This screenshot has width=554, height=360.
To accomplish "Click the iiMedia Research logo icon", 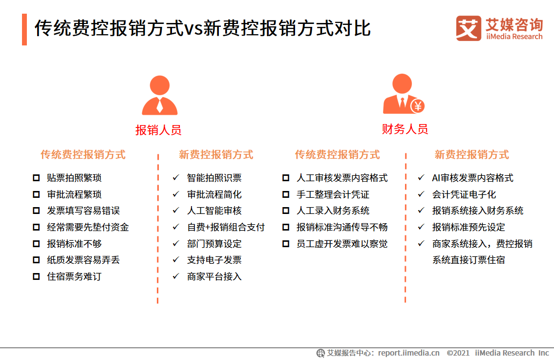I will pos(469,28).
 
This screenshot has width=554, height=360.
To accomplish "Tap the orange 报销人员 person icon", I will pos(160,96).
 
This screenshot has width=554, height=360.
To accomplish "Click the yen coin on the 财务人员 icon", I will pos(417,105).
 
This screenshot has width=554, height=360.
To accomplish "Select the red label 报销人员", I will pos(158,130).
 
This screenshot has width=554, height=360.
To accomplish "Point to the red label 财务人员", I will pos(405,129).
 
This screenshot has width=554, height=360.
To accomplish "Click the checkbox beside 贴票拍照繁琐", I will pos(36,178).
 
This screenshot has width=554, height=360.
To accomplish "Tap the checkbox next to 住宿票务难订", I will pos(36,276).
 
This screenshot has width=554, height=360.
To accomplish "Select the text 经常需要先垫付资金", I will pos(88,227).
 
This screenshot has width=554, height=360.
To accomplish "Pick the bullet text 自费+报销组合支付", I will pos(226,227).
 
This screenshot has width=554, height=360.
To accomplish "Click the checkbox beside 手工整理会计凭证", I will pos(286,194).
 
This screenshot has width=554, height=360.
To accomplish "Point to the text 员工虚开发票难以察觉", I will pos(342,244).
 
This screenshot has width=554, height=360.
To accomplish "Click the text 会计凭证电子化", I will pos(464,194).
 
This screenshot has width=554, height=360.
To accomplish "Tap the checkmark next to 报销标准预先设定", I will pos(421,227).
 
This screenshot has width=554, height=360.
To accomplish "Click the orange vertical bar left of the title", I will pos(24,29).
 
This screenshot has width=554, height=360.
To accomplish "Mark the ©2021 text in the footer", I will pos(458,353).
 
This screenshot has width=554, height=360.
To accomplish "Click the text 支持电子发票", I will pos(214,260).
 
